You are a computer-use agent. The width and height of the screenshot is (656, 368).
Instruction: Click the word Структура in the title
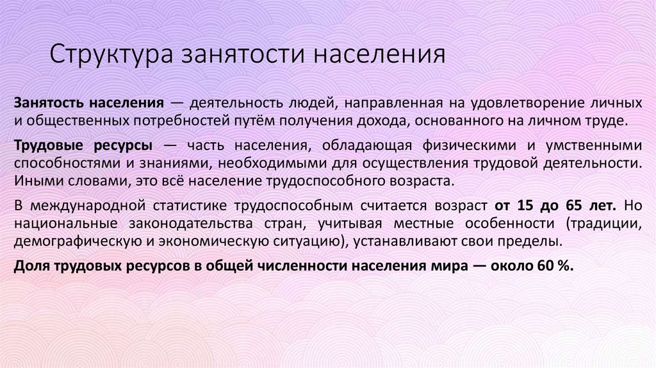point(105,53)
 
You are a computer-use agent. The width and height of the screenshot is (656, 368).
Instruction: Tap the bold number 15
point(524,206)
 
